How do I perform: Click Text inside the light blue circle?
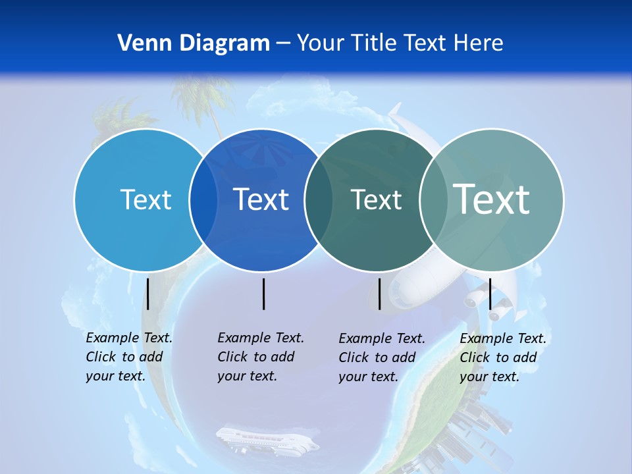(145, 199)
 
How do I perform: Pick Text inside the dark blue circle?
(261, 199)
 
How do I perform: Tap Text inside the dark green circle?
(376, 199)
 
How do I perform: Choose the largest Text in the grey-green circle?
(492, 199)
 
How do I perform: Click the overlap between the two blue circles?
(203, 200)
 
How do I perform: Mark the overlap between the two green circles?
(433, 200)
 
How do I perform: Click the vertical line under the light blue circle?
(148, 294)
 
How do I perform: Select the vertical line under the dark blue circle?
(263, 294)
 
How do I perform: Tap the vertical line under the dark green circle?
(379, 294)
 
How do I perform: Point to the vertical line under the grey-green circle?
(490, 294)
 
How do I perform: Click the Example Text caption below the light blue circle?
(128, 357)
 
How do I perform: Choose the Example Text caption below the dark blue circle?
(260, 357)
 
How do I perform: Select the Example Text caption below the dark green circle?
(381, 357)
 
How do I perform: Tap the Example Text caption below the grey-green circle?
(502, 357)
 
